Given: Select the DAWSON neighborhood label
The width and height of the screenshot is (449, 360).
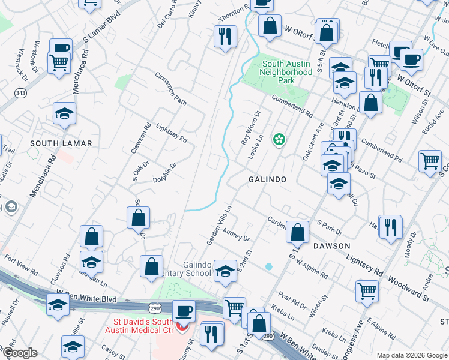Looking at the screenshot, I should (331, 246).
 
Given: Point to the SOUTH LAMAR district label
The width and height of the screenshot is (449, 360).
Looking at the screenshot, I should (61, 143).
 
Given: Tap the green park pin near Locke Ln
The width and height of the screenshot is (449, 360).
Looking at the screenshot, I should (279, 140).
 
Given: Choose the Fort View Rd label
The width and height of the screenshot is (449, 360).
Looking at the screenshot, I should (20, 264).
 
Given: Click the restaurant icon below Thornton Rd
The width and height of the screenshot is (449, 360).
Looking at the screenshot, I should (225, 37).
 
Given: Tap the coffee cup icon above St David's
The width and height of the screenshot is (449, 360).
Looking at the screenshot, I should (184, 311).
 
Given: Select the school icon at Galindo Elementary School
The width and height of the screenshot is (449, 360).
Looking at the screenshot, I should (225, 271).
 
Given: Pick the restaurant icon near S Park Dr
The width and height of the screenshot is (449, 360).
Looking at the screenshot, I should (390, 227).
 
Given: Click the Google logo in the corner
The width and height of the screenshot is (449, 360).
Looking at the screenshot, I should (19, 353).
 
